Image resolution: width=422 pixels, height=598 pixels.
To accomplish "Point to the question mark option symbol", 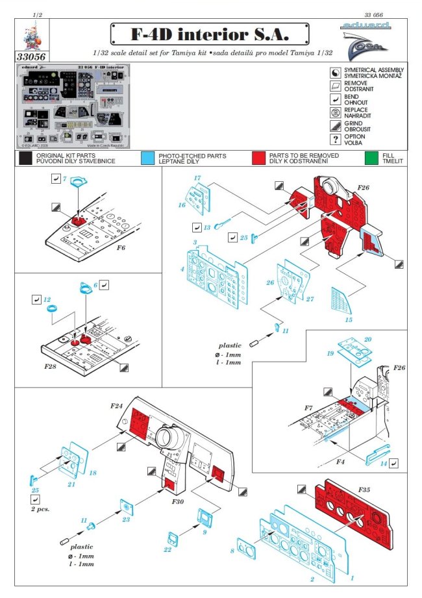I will [x=335, y=140].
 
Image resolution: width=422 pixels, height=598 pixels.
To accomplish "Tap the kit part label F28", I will [x=51, y=367].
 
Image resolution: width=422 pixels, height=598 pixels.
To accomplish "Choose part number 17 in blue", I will [x=197, y=178].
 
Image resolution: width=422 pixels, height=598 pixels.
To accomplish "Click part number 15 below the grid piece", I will [x=348, y=319].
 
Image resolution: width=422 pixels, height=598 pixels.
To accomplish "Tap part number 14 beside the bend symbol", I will [x=384, y=463].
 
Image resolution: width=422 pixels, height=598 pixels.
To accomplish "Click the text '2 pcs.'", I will [x=40, y=510].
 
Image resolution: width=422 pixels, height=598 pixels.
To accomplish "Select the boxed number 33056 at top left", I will [x=32, y=56].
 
